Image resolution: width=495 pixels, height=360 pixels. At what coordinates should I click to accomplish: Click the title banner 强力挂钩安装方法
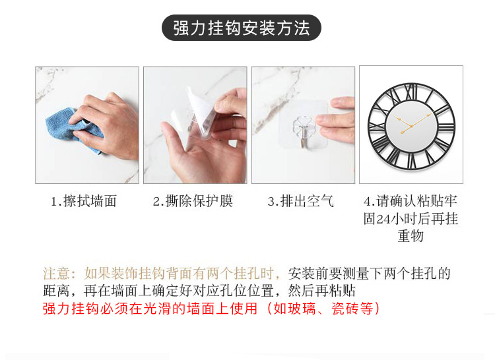242,28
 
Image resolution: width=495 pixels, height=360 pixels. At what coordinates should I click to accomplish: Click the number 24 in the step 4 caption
385,219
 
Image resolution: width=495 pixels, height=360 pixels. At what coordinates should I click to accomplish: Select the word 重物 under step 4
411,236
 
